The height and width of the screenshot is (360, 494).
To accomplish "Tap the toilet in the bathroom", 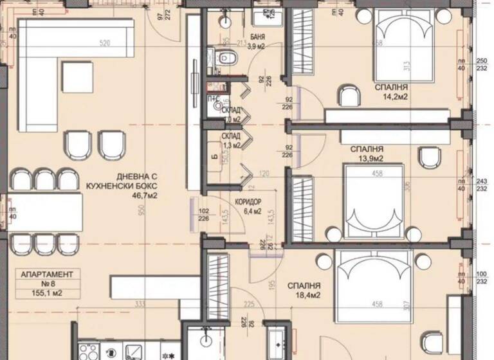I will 228,59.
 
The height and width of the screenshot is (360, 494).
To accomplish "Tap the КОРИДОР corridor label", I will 248,200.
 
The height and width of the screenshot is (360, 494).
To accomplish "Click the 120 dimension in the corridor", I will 264,174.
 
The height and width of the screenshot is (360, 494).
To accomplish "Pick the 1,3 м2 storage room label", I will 232,141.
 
